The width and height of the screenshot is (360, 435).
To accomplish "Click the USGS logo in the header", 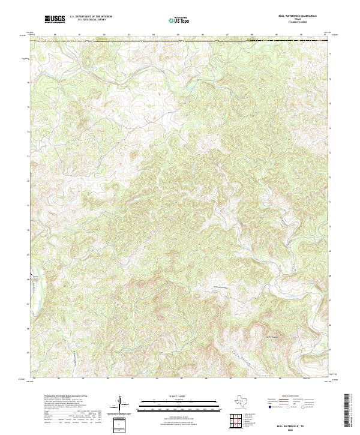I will coord(55,19).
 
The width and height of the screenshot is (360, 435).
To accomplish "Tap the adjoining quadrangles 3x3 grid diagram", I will coord(238,422).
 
